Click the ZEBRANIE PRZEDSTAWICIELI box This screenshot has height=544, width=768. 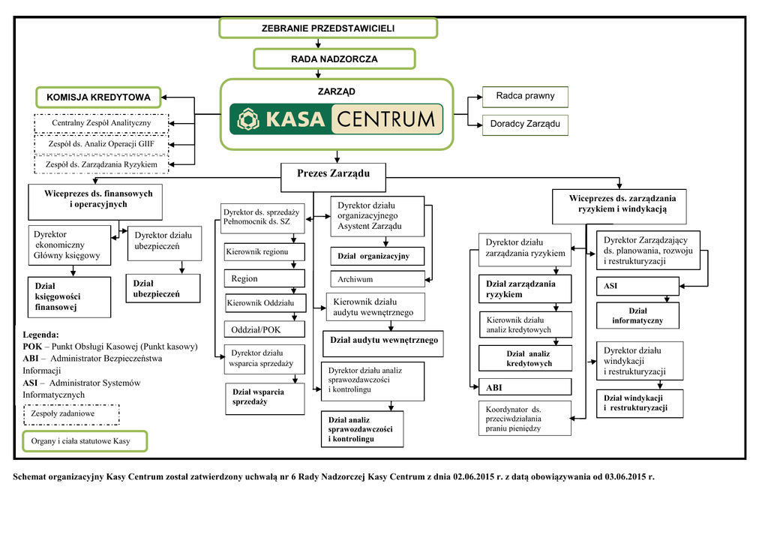coord(328,29)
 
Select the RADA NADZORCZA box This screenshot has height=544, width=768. coord(334,59)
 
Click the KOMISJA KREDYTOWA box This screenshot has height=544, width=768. coord(98,97)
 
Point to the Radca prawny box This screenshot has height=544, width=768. coord(525,96)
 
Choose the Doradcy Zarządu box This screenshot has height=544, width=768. coord(525,124)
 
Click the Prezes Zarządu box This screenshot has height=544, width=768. coord(333,174)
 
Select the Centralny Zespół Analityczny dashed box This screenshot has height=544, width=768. coord(101,123)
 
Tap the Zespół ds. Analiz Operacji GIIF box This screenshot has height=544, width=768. coord(101,143)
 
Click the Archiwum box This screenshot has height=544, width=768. coord(377,279)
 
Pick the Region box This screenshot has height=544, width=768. coord(264,278)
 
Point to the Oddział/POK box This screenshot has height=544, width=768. coord(264,329)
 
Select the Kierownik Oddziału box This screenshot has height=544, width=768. coord(264,303)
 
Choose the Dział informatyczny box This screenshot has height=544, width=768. coord(637,316)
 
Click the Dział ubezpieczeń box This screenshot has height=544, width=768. coord(163,289)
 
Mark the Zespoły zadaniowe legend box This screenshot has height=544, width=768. coord(71,414)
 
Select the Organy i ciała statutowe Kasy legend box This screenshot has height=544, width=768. coord(85,441)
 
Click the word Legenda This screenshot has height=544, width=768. coord(40,335)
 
